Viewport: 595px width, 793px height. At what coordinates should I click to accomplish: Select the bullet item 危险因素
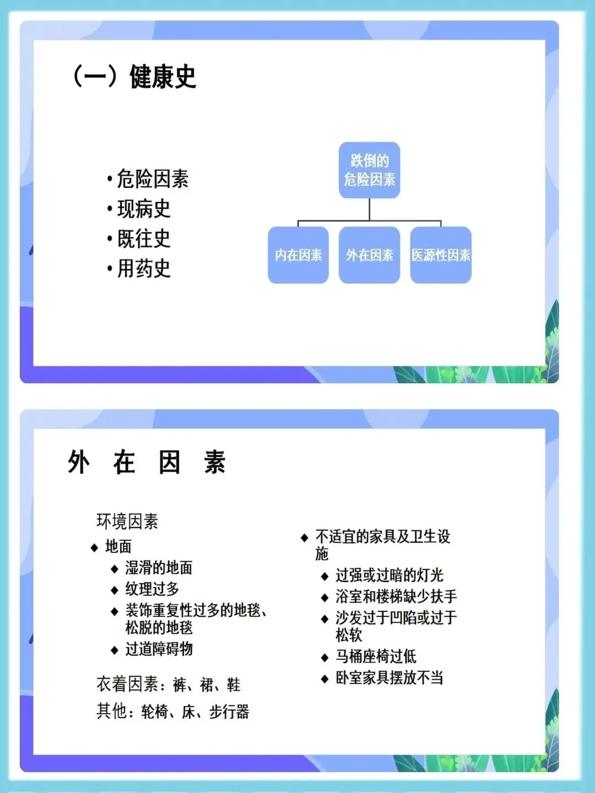(x=152, y=179)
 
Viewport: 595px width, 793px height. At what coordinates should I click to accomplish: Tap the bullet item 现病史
(x=143, y=209)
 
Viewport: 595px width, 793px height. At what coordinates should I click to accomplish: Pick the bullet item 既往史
(x=143, y=238)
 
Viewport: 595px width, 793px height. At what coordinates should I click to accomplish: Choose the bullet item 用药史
(x=143, y=268)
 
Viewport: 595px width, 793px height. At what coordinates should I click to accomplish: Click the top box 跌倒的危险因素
(x=369, y=170)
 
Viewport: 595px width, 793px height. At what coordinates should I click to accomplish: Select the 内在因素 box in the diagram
(x=298, y=255)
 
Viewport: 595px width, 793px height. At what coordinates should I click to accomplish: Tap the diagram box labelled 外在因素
(x=369, y=255)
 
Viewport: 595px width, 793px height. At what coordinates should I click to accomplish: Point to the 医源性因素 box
(x=441, y=255)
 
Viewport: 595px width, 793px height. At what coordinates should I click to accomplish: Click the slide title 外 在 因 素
(x=147, y=462)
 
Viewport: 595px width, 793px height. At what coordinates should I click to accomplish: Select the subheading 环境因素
(x=127, y=521)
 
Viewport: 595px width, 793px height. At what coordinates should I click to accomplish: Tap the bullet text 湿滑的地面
(x=159, y=567)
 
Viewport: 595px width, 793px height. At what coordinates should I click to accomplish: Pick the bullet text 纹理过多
(x=152, y=589)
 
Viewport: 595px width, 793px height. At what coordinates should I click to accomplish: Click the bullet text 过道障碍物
(x=159, y=649)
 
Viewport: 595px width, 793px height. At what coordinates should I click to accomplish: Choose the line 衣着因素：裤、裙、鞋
(x=169, y=685)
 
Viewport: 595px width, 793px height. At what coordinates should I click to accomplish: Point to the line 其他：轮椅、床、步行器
(x=173, y=711)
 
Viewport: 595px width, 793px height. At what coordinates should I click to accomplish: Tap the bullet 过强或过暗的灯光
(x=389, y=575)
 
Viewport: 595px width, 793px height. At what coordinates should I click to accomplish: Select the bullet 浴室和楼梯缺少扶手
(x=396, y=596)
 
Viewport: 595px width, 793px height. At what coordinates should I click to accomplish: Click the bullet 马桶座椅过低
(x=376, y=656)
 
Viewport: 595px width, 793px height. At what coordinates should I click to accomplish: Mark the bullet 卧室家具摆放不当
(x=389, y=677)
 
